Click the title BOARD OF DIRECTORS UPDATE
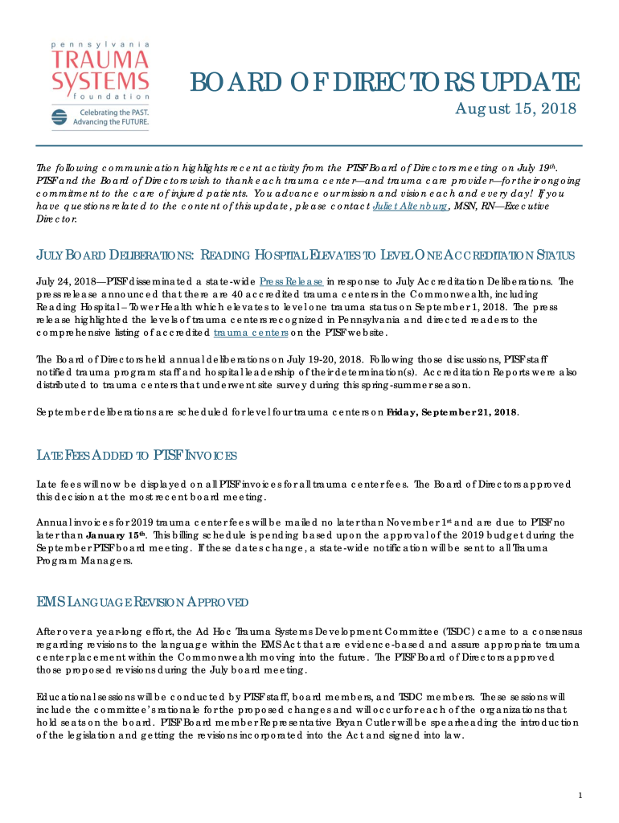(383, 82)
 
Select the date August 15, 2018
(516, 109)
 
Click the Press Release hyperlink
(292, 282)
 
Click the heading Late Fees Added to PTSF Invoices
(137, 457)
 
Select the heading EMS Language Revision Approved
(142, 603)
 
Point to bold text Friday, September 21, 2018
(452, 412)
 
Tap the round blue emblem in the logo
(59, 118)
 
